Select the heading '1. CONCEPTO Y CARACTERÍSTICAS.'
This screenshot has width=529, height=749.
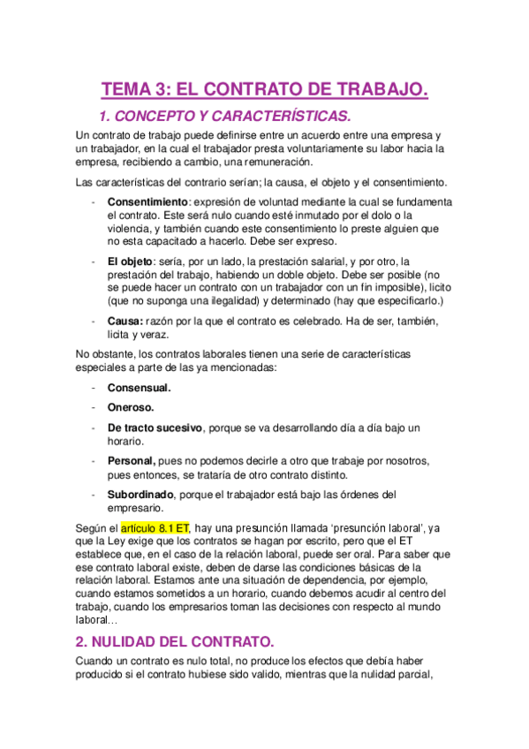coord(225,116)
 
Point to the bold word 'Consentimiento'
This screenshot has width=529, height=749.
coord(147,202)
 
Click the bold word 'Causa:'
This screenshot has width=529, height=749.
coord(125,321)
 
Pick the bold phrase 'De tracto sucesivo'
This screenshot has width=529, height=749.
coord(155,427)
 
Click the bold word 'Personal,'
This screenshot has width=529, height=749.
coord(132,461)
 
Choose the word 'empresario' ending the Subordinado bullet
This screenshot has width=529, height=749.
coord(135,508)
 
